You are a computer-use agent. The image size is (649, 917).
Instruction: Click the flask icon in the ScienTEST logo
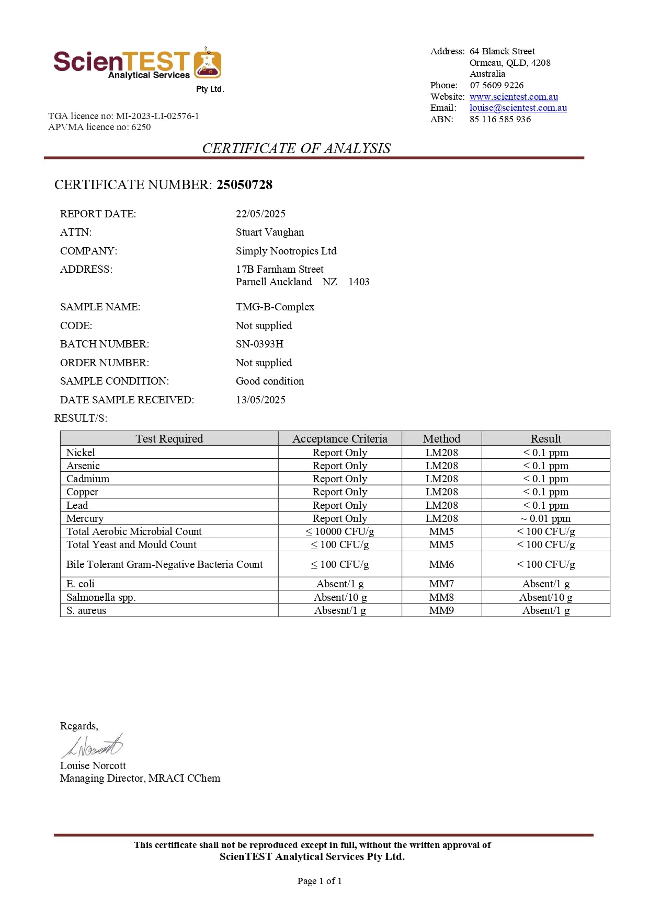click(x=208, y=64)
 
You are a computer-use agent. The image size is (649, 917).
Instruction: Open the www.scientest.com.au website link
click(x=514, y=97)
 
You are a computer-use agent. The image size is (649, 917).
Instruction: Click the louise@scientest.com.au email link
click(x=518, y=108)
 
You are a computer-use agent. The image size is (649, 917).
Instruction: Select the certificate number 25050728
click(x=244, y=184)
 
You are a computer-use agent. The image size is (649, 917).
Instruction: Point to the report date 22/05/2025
click(x=260, y=214)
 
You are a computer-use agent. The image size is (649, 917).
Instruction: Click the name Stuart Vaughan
click(x=269, y=232)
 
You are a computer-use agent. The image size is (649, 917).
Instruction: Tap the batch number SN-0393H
click(x=259, y=344)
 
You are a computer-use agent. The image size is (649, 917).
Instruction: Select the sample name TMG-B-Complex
click(x=275, y=307)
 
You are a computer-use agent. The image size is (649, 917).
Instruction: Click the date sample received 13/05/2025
click(x=260, y=400)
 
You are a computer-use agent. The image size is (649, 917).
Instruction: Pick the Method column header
click(x=441, y=438)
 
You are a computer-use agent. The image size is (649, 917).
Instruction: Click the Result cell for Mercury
click(x=545, y=518)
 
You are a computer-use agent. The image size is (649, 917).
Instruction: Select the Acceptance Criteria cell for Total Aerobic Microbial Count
click(x=340, y=531)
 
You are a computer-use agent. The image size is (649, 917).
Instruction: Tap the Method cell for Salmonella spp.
click(x=441, y=597)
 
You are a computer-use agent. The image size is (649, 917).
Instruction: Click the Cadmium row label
click(x=88, y=479)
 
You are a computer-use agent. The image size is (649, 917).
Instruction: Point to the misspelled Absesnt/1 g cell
click(x=340, y=610)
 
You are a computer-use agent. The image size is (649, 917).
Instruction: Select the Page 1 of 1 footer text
click(x=320, y=881)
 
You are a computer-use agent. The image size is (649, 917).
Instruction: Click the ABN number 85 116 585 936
click(x=500, y=119)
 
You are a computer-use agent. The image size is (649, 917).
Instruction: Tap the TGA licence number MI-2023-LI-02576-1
click(x=157, y=116)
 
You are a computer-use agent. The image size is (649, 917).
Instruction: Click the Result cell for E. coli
click(x=545, y=584)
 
